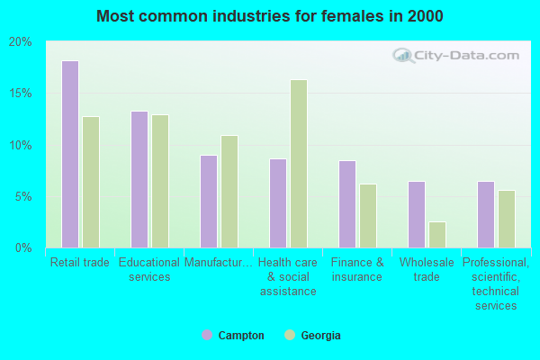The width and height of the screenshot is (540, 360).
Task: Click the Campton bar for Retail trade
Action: pyautogui.click(x=70, y=154)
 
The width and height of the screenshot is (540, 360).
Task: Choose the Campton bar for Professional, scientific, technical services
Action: pyautogui.click(x=486, y=214)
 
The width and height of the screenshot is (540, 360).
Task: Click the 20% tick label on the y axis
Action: pyautogui.click(x=20, y=42)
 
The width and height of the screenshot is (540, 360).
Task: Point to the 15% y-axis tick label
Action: pyautogui.click(x=20, y=94)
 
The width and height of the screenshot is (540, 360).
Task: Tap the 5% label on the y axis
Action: pyautogui.click(x=22, y=196)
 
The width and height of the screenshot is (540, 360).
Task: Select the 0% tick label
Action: pyautogui.click(x=22, y=247)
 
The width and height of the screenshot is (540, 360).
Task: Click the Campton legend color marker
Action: pyautogui.click(x=206, y=335)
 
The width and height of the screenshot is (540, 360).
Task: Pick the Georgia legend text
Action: pyautogui.click(x=321, y=336)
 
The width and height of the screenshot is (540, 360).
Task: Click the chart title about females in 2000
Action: pyautogui.click(x=270, y=16)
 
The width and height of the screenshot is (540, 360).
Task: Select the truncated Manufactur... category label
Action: pyautogui.click(x=219, y=263)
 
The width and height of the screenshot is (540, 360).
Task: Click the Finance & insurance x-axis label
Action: pyautogui.click(x=357, y=270)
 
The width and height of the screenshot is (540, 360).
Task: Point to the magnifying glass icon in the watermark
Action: pyautogui.click(x=402, y=57)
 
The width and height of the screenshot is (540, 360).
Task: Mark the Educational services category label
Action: pyautogui.click(x=149, y=270)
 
